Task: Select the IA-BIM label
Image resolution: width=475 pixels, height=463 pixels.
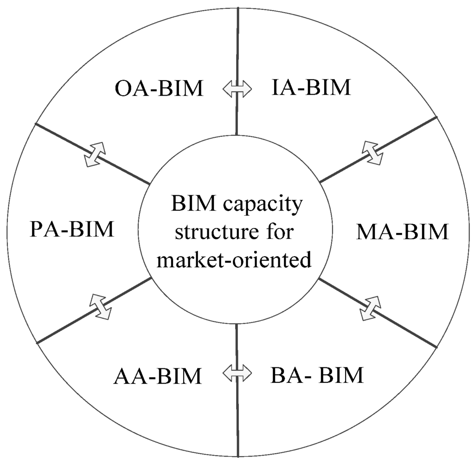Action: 311,87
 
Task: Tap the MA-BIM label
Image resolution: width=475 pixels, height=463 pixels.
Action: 402,232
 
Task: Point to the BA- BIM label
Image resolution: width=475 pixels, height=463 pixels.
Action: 316,375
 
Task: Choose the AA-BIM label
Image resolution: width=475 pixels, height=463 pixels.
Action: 158,376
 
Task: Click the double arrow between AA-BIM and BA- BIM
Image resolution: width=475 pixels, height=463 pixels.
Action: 237,372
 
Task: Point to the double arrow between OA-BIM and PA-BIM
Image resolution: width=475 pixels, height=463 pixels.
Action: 95,154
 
